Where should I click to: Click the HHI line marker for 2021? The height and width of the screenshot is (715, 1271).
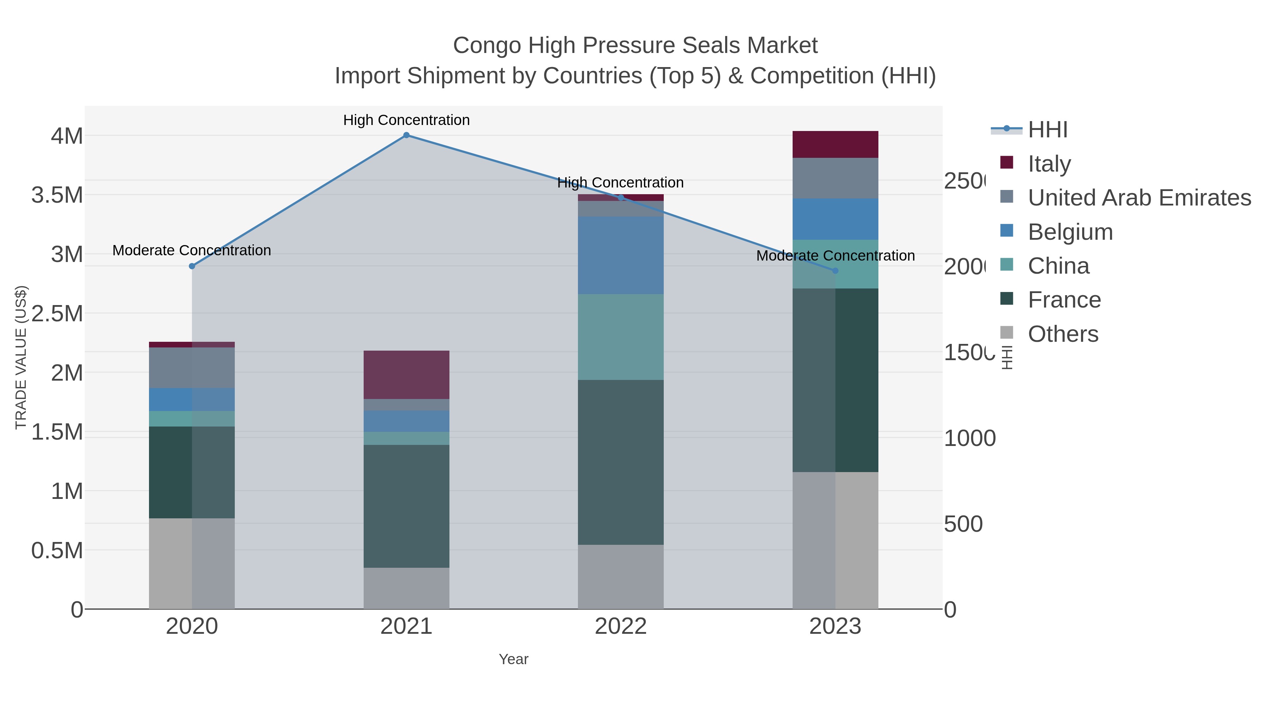pos(406,135)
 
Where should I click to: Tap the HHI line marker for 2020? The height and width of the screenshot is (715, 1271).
pos(192,266)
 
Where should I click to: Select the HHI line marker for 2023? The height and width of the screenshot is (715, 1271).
pos(835,270)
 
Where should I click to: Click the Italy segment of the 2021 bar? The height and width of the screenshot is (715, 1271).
pos(406,375)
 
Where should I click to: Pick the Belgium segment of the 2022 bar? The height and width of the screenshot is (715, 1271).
pos(620,255)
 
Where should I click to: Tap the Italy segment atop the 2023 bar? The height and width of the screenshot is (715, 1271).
pos(835,144)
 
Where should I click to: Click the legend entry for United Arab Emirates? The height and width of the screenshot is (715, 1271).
pos(1139,197)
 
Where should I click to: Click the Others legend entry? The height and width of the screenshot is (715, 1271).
pos(1062,334)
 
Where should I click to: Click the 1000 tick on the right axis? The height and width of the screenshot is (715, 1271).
pos(969,438)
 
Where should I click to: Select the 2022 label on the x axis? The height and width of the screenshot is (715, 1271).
pos(620,626)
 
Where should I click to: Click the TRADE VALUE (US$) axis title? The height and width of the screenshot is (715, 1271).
pos(21,357)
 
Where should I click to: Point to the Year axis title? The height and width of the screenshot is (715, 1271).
pos(513,659)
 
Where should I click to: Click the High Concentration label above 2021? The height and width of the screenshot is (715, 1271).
pos(406,120)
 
